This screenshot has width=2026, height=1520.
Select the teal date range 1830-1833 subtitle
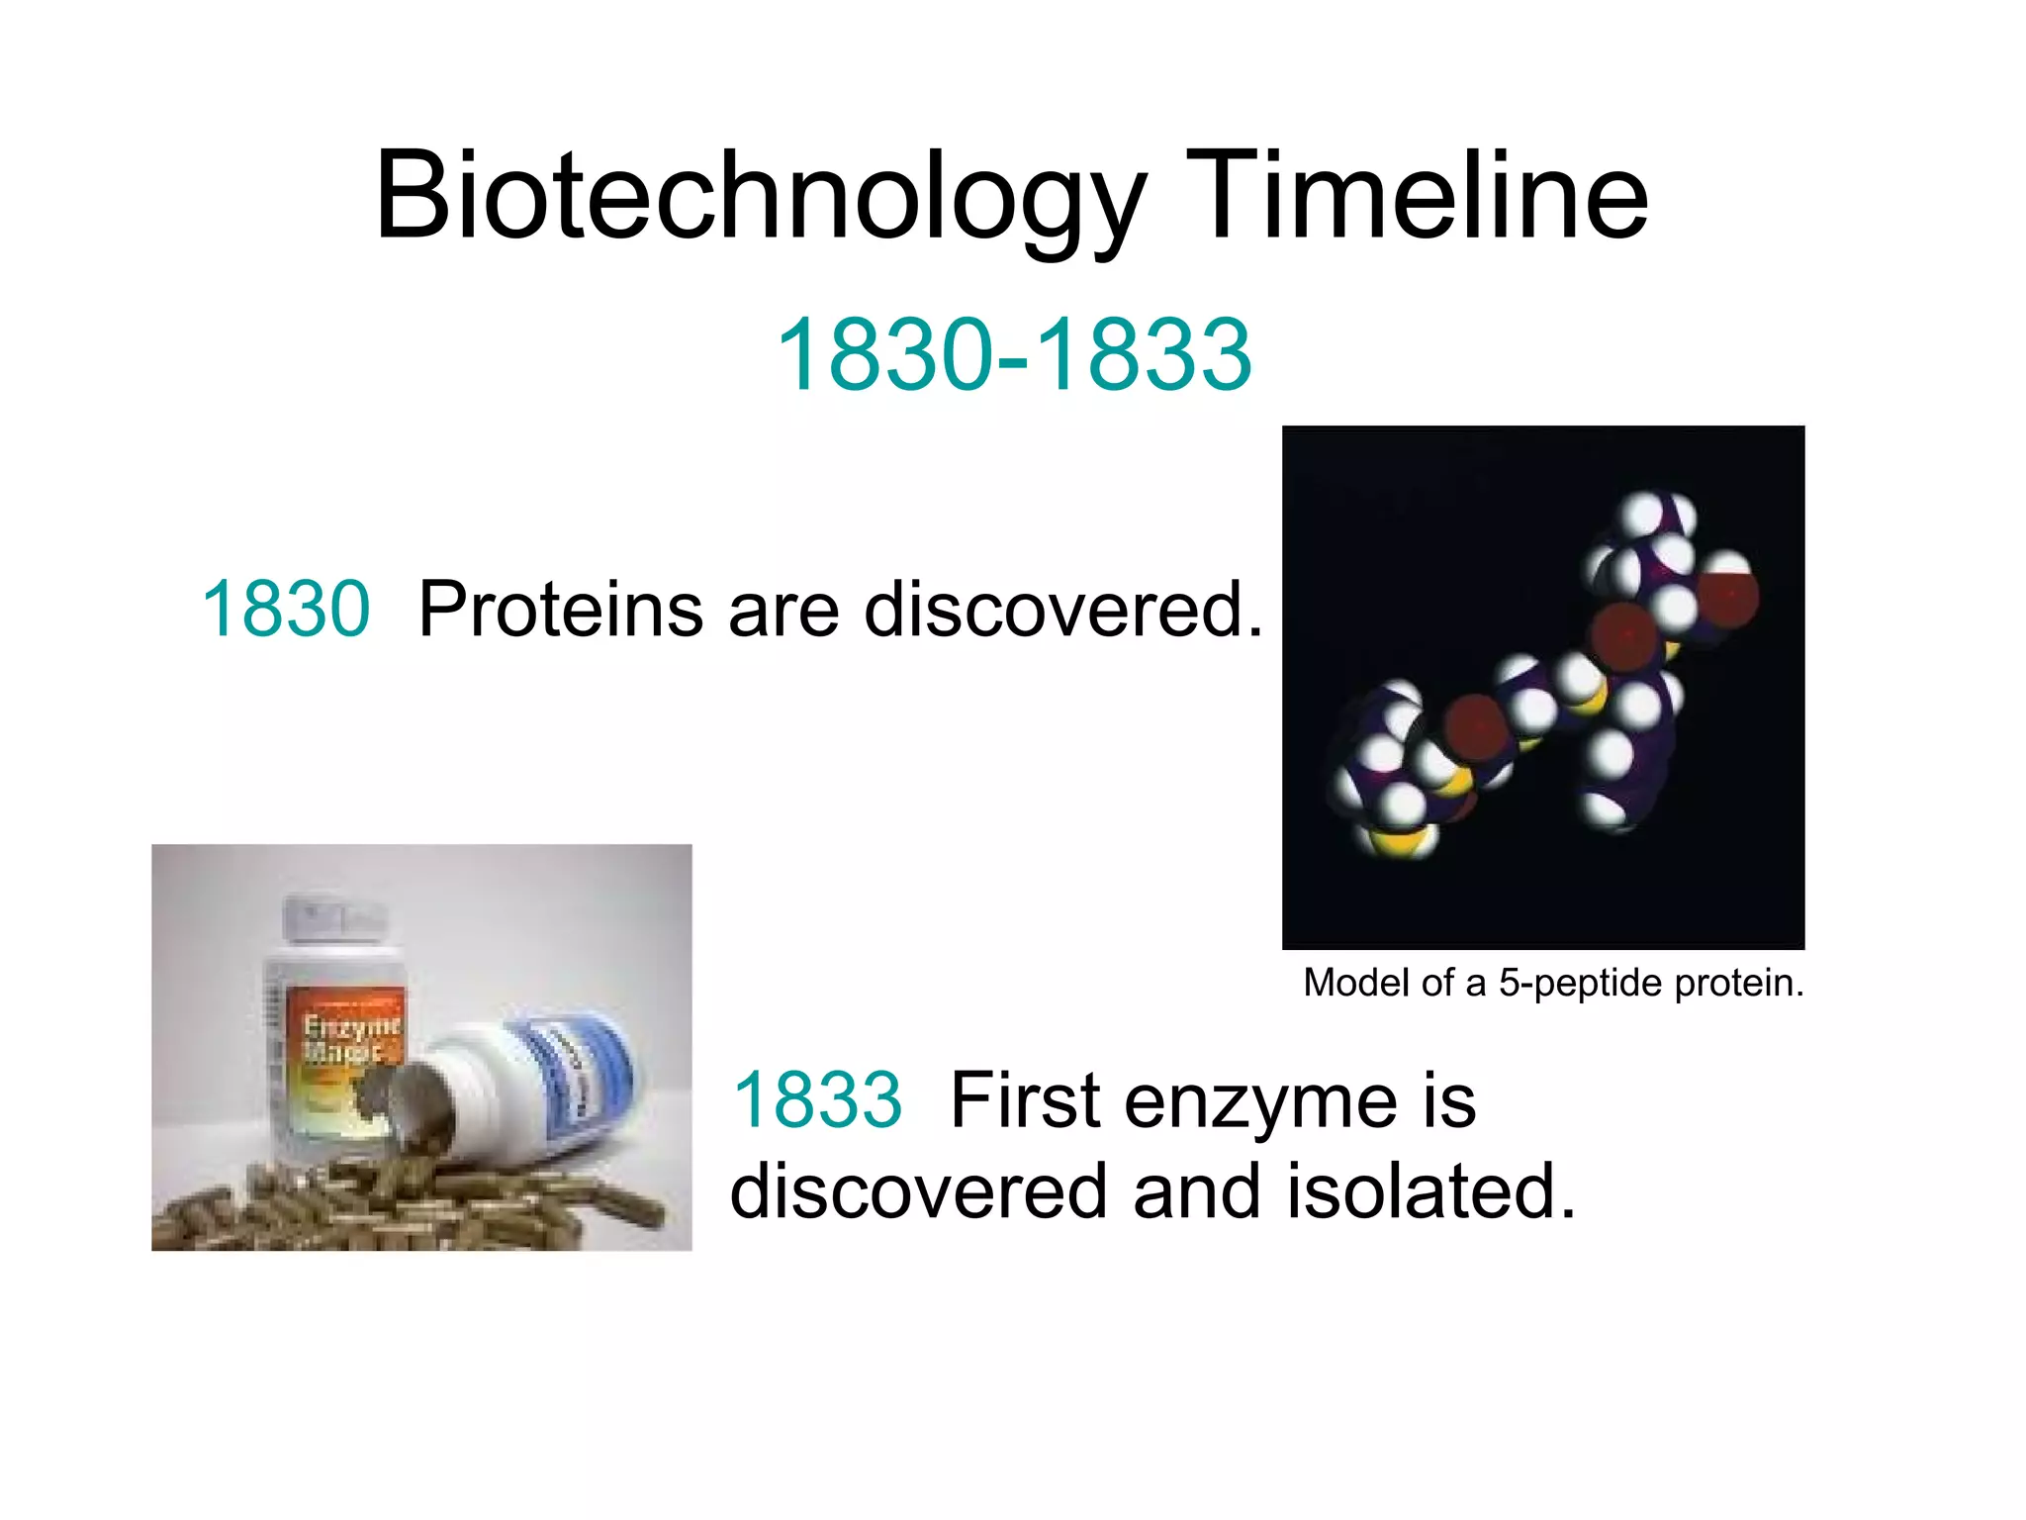pos(1014,354)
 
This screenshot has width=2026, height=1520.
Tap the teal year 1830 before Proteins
pos(286,609)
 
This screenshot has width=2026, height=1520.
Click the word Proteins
pos(560,609)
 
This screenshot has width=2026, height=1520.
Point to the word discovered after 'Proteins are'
pos(1062,609)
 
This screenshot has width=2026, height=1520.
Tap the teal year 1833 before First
pos(817,1100)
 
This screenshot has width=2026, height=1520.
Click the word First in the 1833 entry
pos(1025,1100)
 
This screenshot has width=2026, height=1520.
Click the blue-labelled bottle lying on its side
pos(554,1079)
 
